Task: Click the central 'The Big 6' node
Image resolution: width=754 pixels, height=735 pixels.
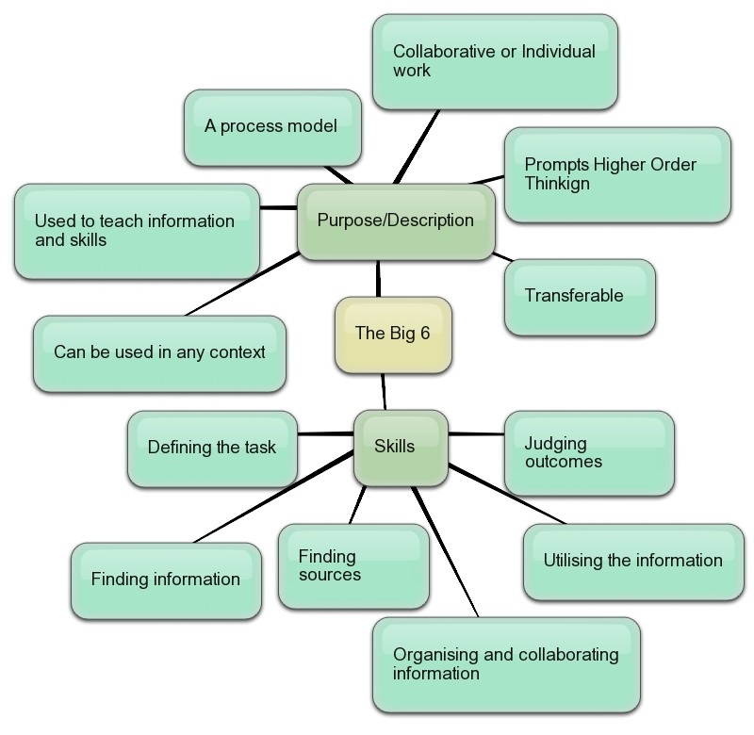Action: pos(393,334)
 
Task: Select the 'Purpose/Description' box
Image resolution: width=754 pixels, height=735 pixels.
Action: pos(396,221)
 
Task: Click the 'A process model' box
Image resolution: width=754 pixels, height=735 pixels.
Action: pos(271,126)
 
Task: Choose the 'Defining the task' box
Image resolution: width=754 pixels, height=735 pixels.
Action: pos(212,448)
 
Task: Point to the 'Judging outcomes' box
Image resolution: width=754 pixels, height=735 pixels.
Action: pos(588,452)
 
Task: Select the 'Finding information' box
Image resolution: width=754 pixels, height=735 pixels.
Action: pos(166,580)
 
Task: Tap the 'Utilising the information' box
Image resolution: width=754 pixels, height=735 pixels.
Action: pos(632,561)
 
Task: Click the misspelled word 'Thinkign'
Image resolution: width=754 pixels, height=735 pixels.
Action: pos(557,184)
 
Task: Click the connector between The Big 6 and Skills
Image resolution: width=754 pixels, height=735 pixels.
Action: pos(385,391)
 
